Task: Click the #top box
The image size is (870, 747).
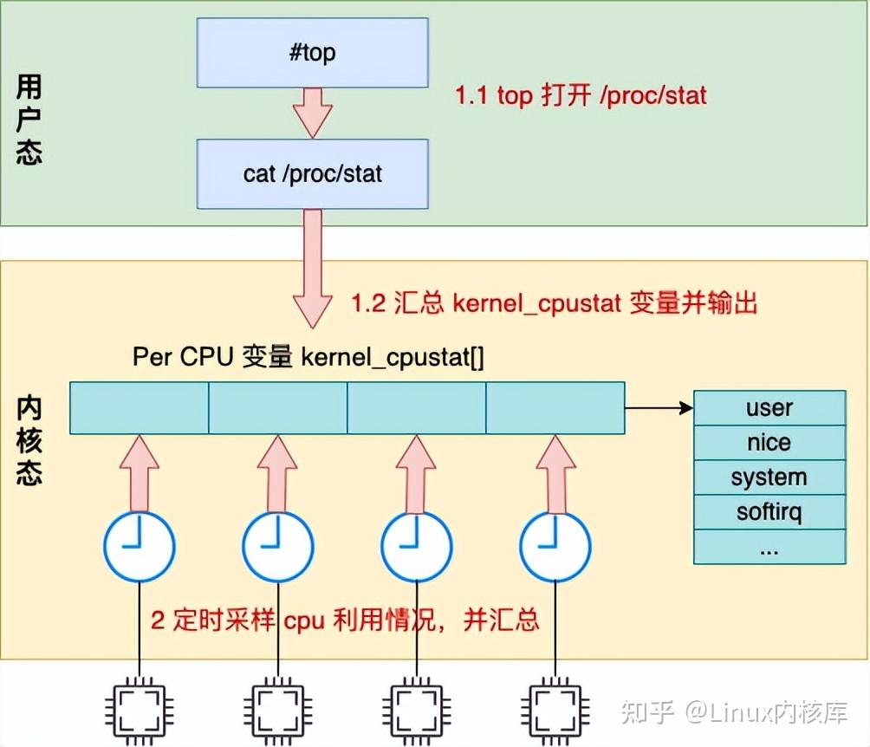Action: [312, 53]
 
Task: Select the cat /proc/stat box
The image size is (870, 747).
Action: [312, 173]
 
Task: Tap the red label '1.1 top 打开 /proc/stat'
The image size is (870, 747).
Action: [581, 95]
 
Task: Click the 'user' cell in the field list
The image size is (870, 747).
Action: [769, 407]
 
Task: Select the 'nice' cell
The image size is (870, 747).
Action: [769, 443]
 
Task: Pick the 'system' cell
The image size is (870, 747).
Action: [769, 477]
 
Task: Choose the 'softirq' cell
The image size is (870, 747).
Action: [769, 512]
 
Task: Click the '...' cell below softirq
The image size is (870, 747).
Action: [769, 548]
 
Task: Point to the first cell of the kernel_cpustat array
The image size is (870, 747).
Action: [140, 408]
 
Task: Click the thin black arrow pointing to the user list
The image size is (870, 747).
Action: [659, 407]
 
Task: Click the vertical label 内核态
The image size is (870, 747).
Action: [29, 442]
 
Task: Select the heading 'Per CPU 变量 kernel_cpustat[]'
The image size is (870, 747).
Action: [308, 357]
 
